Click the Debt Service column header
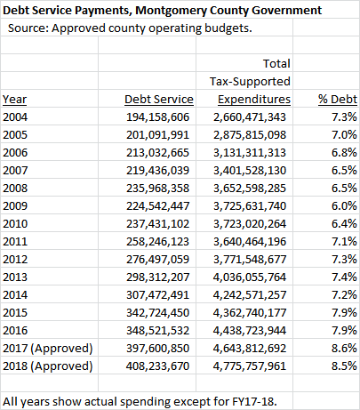(x=159, y=100)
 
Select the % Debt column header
(x=338, y=100)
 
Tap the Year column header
(x=15, y=100)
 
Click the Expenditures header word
(x=254, y=100)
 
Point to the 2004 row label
(x=15, y=117)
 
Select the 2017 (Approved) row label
(x=48, y=349)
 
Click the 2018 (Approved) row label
(x=48, y=366)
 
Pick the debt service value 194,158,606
(x=157, y=117)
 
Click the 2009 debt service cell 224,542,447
(x=157, y=206)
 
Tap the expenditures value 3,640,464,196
(x=250, y=242)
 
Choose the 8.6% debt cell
(x=344, y=349)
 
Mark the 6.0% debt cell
(x=344, y=206)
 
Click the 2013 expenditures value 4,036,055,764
(x=250, y=277)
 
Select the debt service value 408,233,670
(x=157, y=366)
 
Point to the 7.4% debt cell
(x=344, y=277)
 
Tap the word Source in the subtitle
(x=27, y=28)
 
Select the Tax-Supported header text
(x=250, y=82)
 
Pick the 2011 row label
(x=15, y=242)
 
